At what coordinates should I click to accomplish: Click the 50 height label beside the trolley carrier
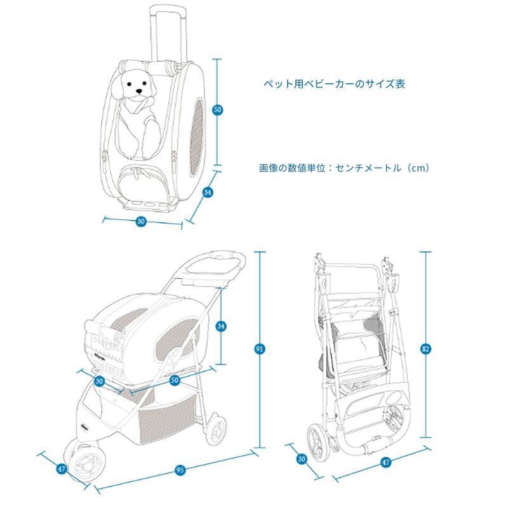coord(217,110)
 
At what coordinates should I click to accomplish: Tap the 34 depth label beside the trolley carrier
coord(208,192)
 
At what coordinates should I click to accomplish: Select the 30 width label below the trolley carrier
coord(141,221)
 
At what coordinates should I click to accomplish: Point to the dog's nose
coord(139,91)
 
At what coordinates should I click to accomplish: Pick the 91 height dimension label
coord(260,349)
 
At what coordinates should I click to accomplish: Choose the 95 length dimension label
coord(180,470)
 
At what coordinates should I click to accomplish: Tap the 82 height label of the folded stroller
coord(425,349)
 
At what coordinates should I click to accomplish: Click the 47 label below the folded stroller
coord(385,462)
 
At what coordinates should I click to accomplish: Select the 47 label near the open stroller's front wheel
coord(62,469)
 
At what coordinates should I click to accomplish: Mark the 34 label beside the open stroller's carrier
coord(220,326)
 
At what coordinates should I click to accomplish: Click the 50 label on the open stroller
coord(175,380)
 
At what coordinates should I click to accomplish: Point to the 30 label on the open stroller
coord(99,381)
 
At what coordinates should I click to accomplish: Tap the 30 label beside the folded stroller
coord(302,459)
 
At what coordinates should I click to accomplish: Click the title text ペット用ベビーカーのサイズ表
coord(334,84)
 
